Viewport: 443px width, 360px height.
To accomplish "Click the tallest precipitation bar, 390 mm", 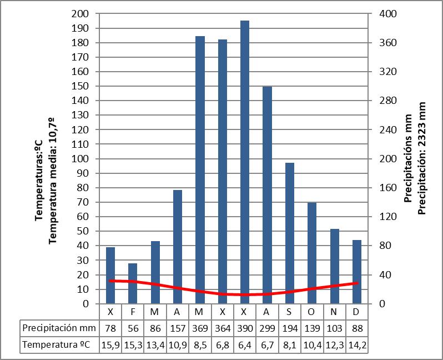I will click(x=245, y=161).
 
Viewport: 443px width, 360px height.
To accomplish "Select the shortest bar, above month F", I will click(x=133, y=283).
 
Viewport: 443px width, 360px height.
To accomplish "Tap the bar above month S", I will click(x=289, y=233).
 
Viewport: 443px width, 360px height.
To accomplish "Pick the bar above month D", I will click(x=356, y=272).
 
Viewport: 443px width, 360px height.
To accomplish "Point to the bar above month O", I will click(x=312, y=253).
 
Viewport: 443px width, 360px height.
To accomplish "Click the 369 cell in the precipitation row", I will click(x=200, y=328).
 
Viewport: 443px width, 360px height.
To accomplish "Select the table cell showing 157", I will click(x=178, y=328).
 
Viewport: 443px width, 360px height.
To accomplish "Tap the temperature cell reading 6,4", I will click(x=244, y=345).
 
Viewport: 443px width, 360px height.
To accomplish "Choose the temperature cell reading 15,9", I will click(x=110, y=345).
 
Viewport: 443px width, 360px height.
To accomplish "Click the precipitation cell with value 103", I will click(x=334, y=328).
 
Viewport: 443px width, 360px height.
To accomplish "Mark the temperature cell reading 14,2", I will click(x=356, y=345).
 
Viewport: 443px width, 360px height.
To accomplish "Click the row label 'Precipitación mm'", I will click(x=58, y=328).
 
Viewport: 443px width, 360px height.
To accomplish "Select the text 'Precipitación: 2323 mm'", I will click(x=421, y=158).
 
